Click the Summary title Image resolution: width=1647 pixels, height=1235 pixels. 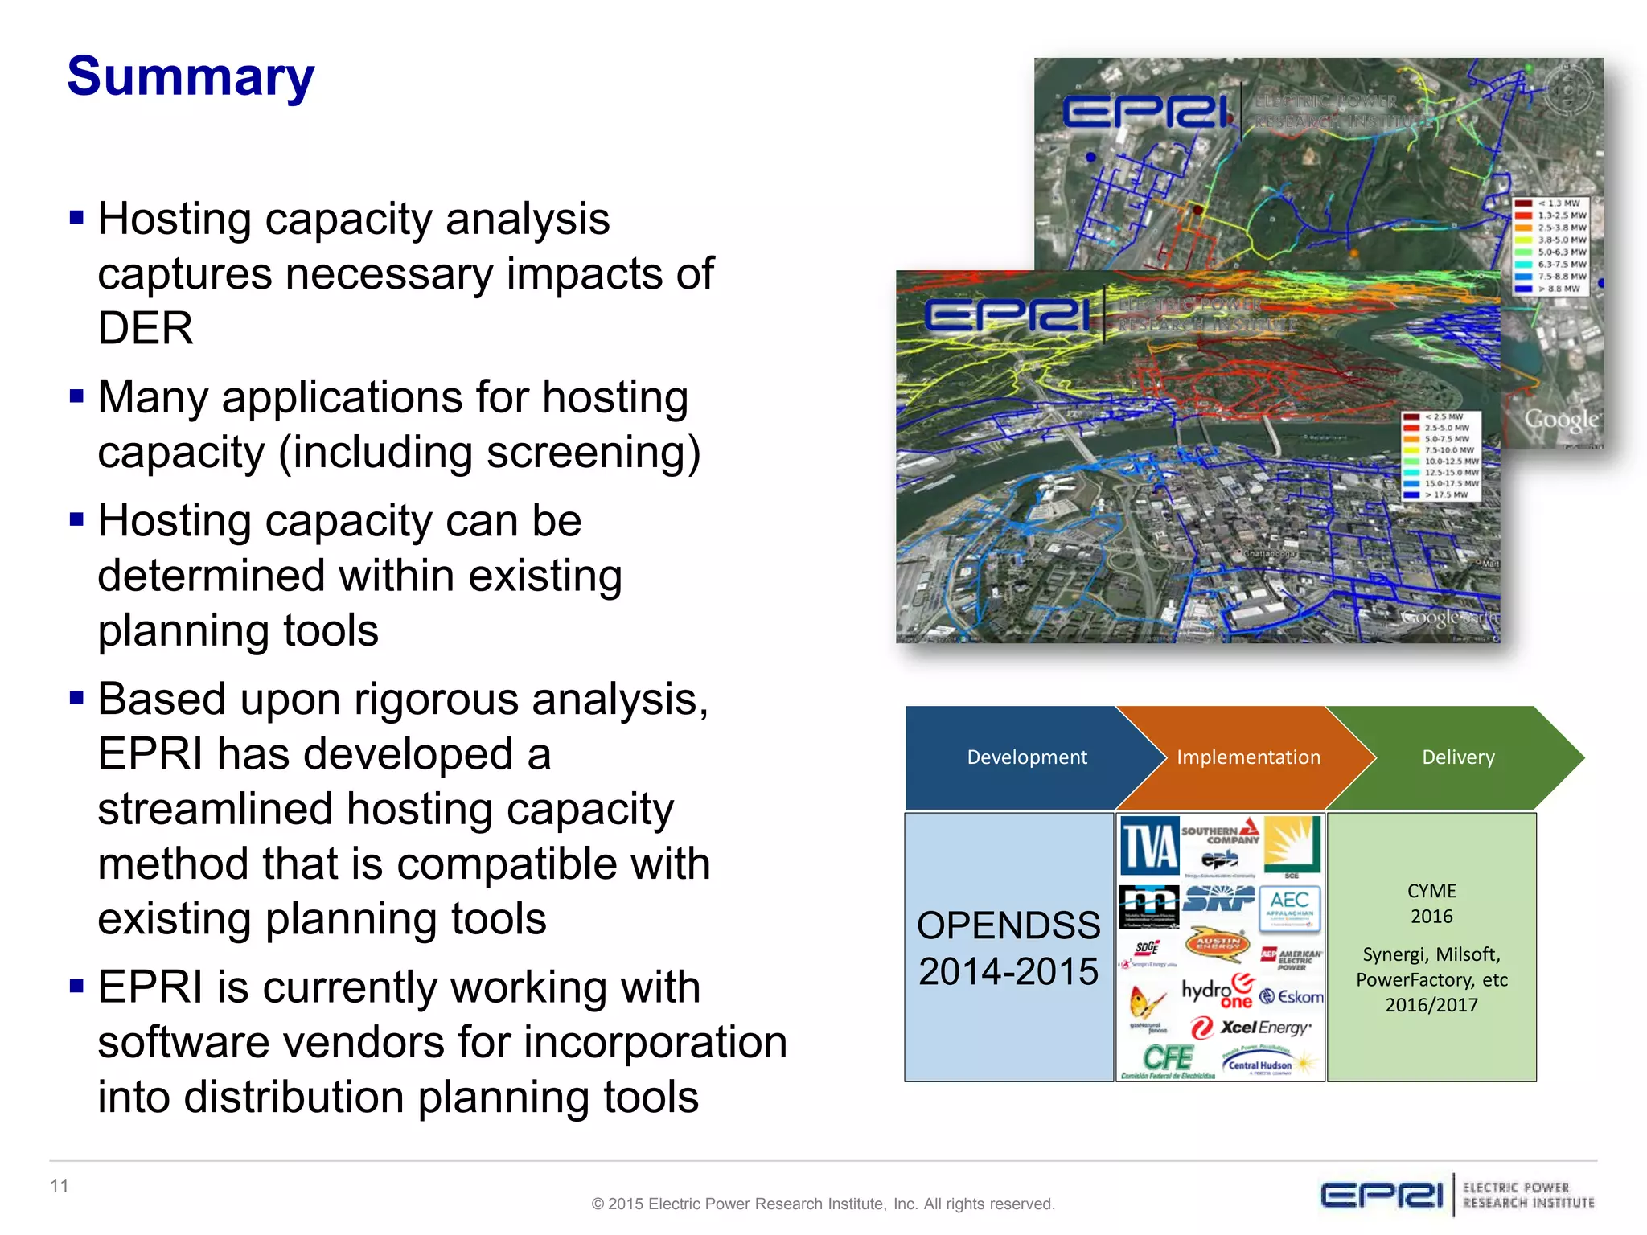coord(191,77)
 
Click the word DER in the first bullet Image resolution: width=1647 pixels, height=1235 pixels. coord(146,329)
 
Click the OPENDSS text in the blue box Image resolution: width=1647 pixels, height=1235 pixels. coord(1008,925)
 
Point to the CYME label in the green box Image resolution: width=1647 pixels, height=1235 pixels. coord(1431,891)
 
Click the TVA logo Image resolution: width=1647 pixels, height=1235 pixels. coord(1149,846)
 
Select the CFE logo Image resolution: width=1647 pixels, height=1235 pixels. coord(1168,1060)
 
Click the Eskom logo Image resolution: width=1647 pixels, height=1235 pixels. coord(1292,997)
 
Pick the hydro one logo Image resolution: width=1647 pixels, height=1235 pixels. coord(1217,991)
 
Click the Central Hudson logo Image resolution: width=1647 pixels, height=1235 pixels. coord(1260,1065)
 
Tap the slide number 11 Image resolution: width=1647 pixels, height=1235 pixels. coord(60,1186)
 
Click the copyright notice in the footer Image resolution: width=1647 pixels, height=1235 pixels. coord(823,1204)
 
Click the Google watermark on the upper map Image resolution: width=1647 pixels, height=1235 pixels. coord(1561,420)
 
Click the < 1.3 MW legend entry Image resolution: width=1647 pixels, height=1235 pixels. coord(1558,203)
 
